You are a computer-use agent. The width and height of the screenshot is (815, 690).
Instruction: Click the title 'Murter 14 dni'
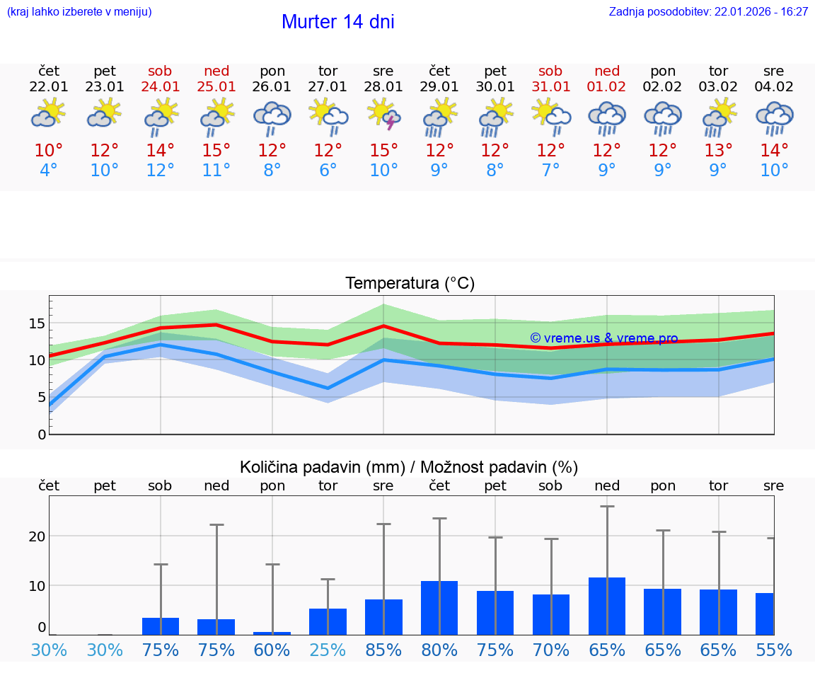337,22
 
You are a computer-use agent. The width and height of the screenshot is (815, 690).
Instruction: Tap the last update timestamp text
708,12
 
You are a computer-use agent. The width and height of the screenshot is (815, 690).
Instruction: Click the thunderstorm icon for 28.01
383,115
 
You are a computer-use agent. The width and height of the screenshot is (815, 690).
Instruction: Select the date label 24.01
161,87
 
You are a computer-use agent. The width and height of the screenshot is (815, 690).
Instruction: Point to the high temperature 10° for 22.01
49,151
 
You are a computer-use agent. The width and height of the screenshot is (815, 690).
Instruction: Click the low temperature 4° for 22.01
49,171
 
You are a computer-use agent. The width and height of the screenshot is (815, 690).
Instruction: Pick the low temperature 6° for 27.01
328,171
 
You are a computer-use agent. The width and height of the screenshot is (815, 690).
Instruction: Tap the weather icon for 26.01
272,117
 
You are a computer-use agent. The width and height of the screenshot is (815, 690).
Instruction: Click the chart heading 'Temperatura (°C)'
410,284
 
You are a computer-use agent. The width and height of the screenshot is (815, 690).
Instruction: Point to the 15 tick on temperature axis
37,323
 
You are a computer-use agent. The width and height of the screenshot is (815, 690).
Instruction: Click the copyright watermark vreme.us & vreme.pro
603,338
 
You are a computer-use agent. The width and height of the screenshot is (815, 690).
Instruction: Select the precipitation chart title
409,467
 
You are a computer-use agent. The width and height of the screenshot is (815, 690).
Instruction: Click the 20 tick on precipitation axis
37,536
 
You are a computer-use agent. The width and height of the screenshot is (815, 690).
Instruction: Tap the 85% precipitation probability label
383,650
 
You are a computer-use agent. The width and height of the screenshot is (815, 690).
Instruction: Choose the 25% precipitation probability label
328,650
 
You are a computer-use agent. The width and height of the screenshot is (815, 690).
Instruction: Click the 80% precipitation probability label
439,650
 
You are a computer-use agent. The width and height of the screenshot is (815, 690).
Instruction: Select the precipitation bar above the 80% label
439,608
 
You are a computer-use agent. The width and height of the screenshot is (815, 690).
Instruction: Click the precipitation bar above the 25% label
328,621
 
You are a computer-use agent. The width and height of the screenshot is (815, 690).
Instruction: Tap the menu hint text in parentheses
79,12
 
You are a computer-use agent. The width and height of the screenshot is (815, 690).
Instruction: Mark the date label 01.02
606,87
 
